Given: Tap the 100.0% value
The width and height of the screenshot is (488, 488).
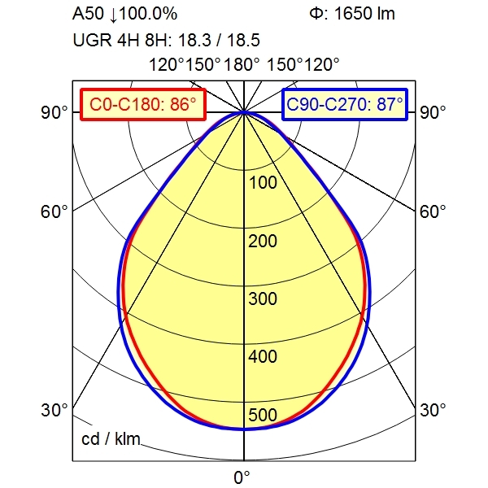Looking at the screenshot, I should pos(149,14).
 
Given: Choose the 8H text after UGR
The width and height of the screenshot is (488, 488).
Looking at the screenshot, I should pos(152,38).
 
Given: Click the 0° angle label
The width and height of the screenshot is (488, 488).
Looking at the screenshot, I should pos(242,477).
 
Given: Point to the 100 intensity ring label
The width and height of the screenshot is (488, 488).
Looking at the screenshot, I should pos(263,182).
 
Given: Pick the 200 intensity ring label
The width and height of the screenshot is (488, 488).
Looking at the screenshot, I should pos(263,241).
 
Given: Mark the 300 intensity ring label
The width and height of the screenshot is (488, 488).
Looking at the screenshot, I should pos(263,298).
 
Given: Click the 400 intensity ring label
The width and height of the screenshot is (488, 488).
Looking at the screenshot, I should pos(263,357).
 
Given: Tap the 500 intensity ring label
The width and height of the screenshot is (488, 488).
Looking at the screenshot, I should pos(263,416).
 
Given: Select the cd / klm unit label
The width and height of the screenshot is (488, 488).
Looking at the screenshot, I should pos(111,440).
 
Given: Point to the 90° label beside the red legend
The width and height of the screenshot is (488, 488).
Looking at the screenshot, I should pos(54,112).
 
